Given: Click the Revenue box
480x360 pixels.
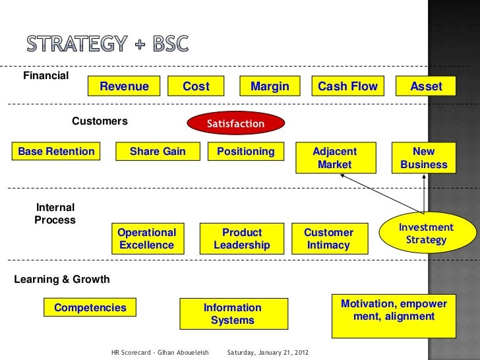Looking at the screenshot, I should pyautogui.click(x=125, y=86).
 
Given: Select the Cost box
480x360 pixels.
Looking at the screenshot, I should pyautogui.click(x=196, y=86).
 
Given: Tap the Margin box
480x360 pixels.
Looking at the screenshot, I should pyautogui.click(x=270, y=86).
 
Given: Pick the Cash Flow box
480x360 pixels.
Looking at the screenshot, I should pyautogui.click(x=347, y=86).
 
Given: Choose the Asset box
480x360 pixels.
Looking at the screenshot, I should pyautogui.click(x=426, y=86).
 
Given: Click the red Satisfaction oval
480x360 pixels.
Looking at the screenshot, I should pyautogui.click(x=235, y=123).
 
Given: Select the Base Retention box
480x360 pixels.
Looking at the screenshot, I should pyautogui.click(x=56, y=152).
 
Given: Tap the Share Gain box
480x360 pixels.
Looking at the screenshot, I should pyautogui.click(x=158, y=152).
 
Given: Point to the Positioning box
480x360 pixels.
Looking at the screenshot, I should pyautogui.click(x=245, y=152).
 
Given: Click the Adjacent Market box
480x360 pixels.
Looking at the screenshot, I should pyautogui.click(x=335, y=158).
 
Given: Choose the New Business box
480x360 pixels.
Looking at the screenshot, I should pyautogui.click(x=423, y=158).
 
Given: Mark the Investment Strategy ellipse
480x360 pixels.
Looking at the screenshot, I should pyautogui.click(x=426, y=233).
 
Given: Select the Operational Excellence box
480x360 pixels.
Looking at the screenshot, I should pyautogui.click(x=147, y=239).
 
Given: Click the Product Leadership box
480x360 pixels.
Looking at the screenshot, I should pyautogui.click(x=242, y=239).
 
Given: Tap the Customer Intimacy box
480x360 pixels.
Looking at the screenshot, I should pyautogui.click(x=328, y=239).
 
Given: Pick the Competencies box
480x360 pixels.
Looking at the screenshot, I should pyautogui.click(x=90, y=307).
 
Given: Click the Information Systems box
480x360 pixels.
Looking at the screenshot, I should pyautogui.click(x=233, y=314).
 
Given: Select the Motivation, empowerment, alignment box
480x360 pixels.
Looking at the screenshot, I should pyautogui.click(x=394, y=311).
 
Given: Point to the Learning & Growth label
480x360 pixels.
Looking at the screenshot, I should pyautogui.click(x=62, y=279).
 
